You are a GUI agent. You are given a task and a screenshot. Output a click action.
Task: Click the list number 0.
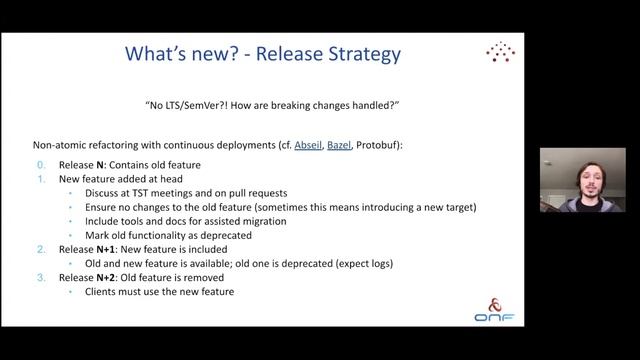pos(41,165)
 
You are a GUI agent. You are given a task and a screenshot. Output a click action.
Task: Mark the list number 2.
pos(41,249)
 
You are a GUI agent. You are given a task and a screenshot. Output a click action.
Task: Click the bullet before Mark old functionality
pos(73,235)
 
